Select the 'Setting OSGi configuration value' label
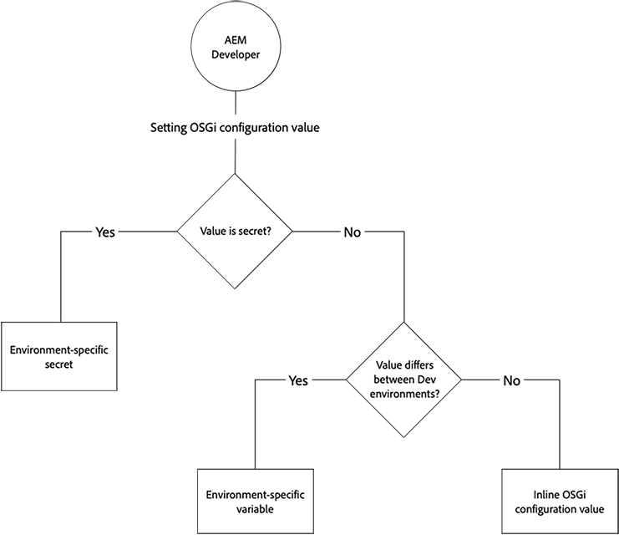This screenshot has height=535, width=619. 235,130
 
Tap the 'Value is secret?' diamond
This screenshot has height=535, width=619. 235,232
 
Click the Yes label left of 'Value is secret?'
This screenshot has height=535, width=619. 104,232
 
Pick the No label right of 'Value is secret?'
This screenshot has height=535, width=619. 353,232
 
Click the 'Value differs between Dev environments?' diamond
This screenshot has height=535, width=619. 404,380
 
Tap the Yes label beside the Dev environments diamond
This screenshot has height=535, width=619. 298,380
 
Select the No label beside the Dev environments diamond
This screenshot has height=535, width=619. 511,380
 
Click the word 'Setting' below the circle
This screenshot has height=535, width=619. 169,130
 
